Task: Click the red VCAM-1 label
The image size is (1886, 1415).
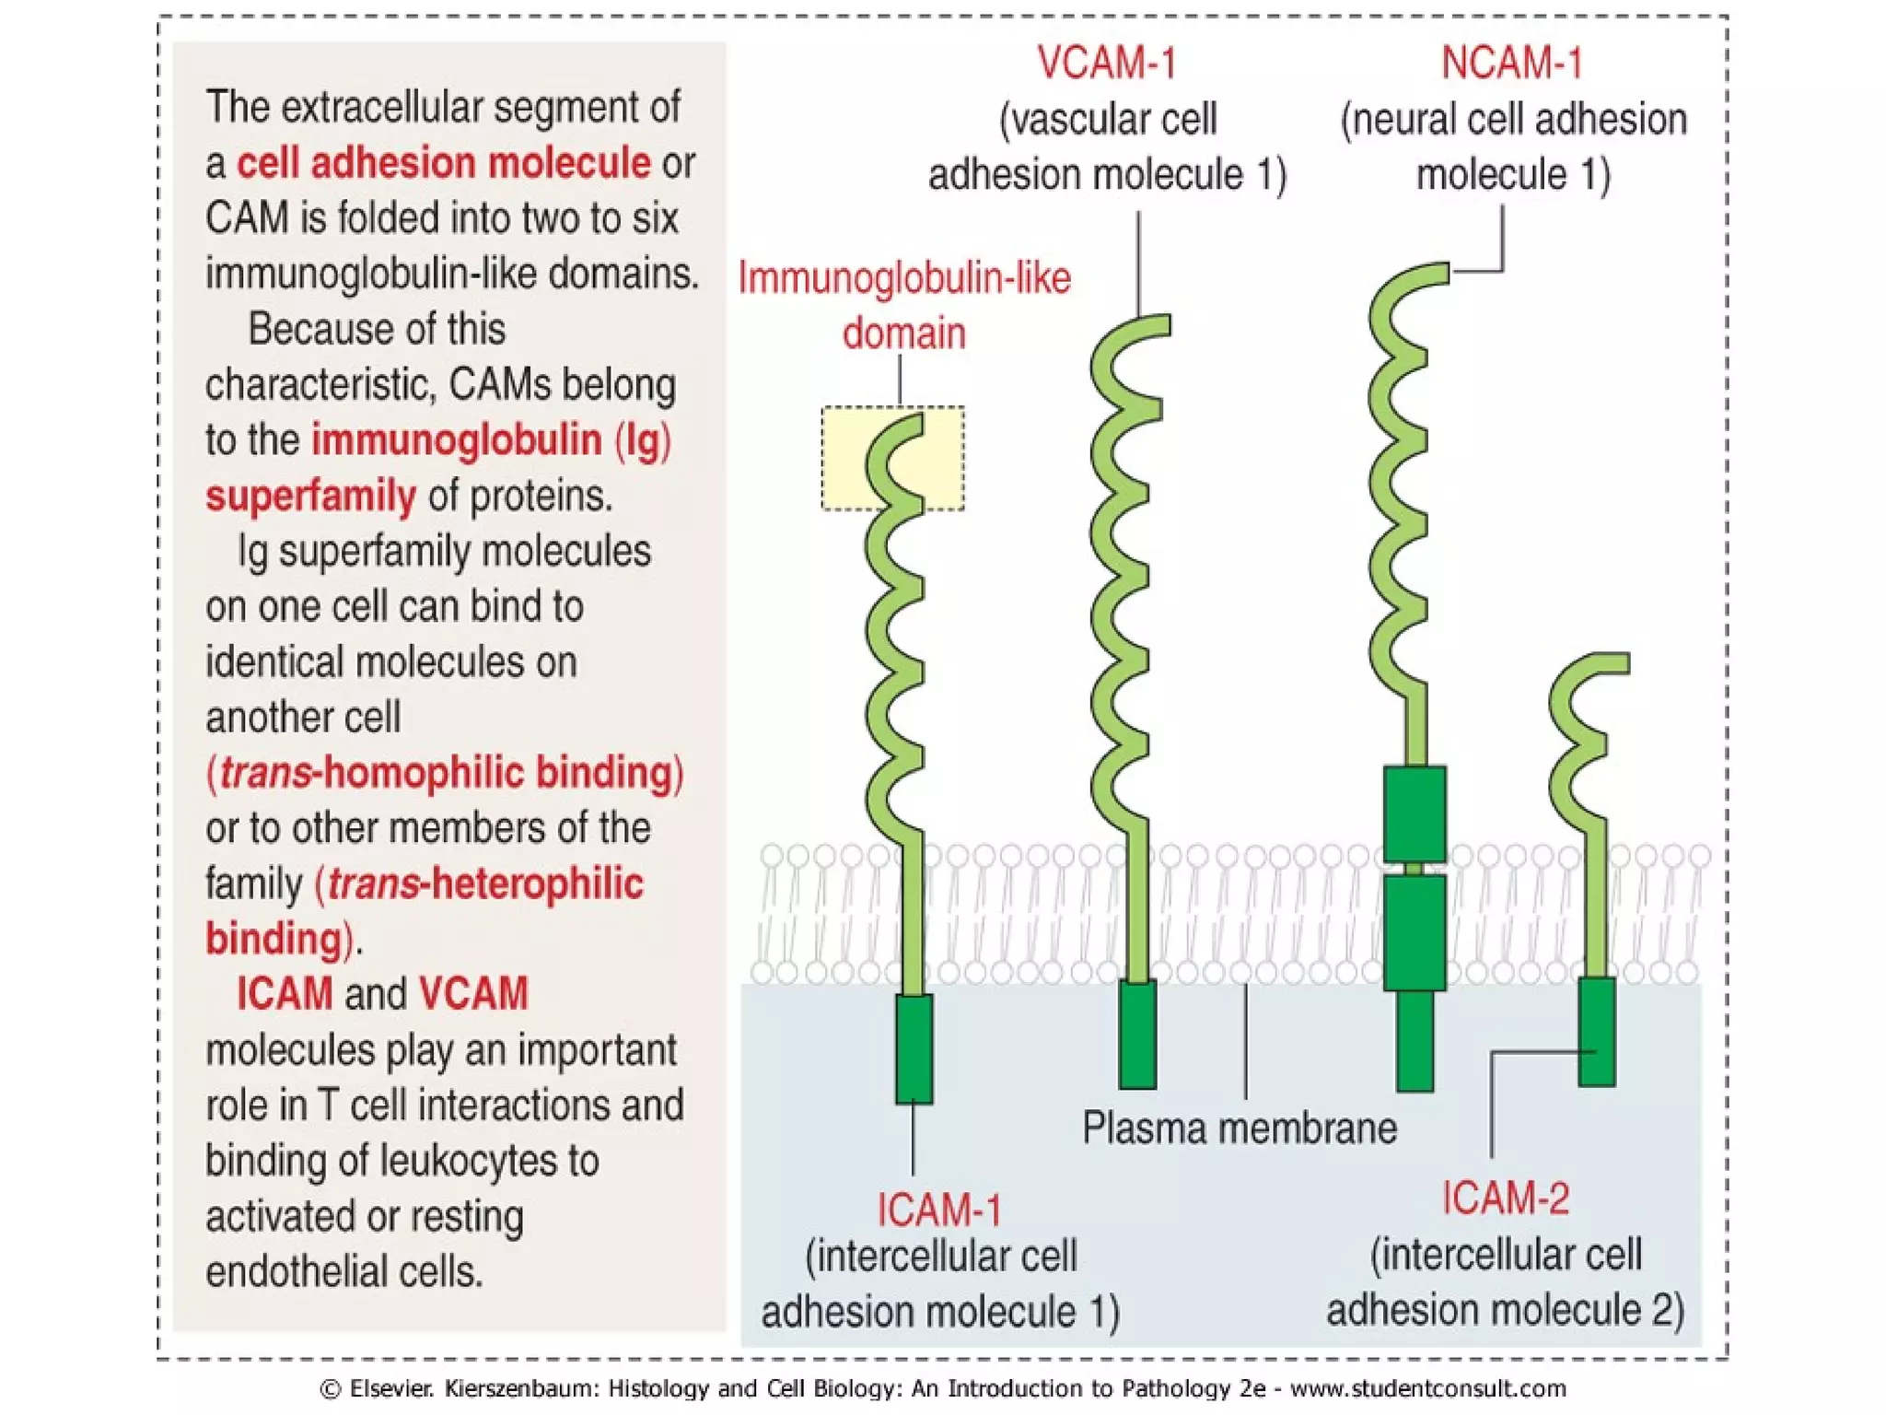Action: [1107, 63]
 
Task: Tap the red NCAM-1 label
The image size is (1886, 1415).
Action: [1512, 63]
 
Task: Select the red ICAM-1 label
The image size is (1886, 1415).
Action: [938, 1210]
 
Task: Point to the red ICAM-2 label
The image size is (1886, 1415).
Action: [1505, 1198]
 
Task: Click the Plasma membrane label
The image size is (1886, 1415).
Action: [1239, 1128]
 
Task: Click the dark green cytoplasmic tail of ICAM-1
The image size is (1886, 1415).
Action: [914, 1048]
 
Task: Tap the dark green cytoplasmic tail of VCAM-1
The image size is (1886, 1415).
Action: [1137, 1035]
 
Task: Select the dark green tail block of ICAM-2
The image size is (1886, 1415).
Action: [1596, 1032]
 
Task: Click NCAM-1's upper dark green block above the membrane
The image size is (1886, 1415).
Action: [1414, 814]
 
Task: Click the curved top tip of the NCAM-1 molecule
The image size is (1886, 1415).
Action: [1427, 275]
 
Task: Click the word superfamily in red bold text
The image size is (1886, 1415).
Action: [310, 496]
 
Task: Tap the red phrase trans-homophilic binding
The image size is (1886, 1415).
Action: [445, 772]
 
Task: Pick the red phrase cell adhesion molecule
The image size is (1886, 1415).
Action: [444, 163]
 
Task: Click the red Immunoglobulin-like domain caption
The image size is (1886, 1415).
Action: [904, 304]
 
